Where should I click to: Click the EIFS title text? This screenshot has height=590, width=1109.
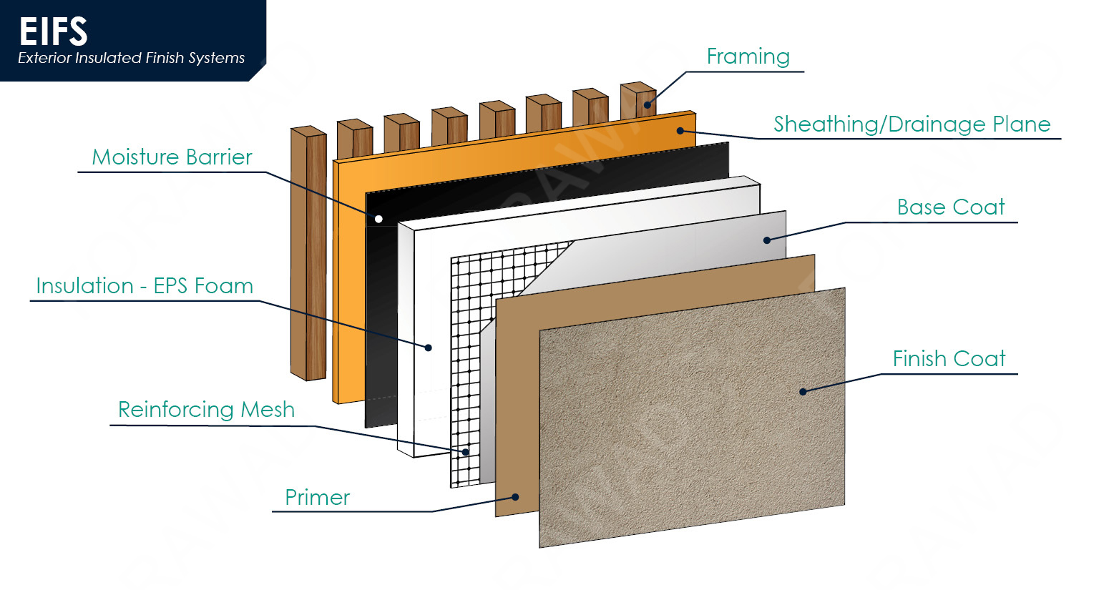(x=53, y=31)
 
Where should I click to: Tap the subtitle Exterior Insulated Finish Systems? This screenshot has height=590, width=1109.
(x=132, y=59)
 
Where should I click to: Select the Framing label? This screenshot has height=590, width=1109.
(x=748, y=56)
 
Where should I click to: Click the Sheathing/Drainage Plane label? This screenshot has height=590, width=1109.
(x=912, y=124)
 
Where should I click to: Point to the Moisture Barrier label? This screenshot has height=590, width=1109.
(x=172, y=157)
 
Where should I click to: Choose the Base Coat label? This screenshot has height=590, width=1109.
(x=951, y=207)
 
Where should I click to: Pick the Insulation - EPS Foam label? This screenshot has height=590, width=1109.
(x=145, y=286)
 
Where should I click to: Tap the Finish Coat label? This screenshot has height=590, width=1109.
(x=949, y=358)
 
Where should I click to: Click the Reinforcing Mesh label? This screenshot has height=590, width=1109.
(x=206, y=410)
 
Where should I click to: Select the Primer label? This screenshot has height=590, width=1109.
(x=318, y=498)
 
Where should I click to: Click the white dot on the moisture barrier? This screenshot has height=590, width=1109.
(x=379, y=219)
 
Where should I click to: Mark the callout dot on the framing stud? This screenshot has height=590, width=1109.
(x=647, y=105)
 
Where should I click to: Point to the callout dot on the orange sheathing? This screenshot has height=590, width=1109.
(x=680, y=131)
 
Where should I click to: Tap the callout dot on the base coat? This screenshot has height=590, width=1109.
(x=766, y=240)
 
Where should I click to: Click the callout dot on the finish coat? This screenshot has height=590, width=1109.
(x=803, y=392)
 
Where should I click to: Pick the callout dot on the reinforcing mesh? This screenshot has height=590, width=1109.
(x=465, y=452)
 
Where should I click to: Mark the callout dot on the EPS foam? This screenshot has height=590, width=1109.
(x=429, y=348)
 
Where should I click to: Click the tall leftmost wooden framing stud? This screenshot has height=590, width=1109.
(x=308, y=254)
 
